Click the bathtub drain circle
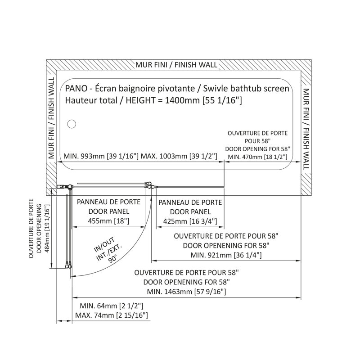[72, 124]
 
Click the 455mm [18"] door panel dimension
[108, 221]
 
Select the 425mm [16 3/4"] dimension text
[190, 221]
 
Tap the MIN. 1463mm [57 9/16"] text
[186, 292]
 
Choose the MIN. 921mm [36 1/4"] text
[226, 255]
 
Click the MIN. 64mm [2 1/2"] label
[112, 306]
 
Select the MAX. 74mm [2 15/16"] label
[112, 315]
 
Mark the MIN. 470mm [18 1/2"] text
[257, 157]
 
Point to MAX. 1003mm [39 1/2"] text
[179, 156]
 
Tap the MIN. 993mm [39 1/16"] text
[101, 156]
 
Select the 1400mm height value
[183, 100]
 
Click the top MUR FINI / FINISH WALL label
[176, 65]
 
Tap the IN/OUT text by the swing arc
[104, 245]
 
